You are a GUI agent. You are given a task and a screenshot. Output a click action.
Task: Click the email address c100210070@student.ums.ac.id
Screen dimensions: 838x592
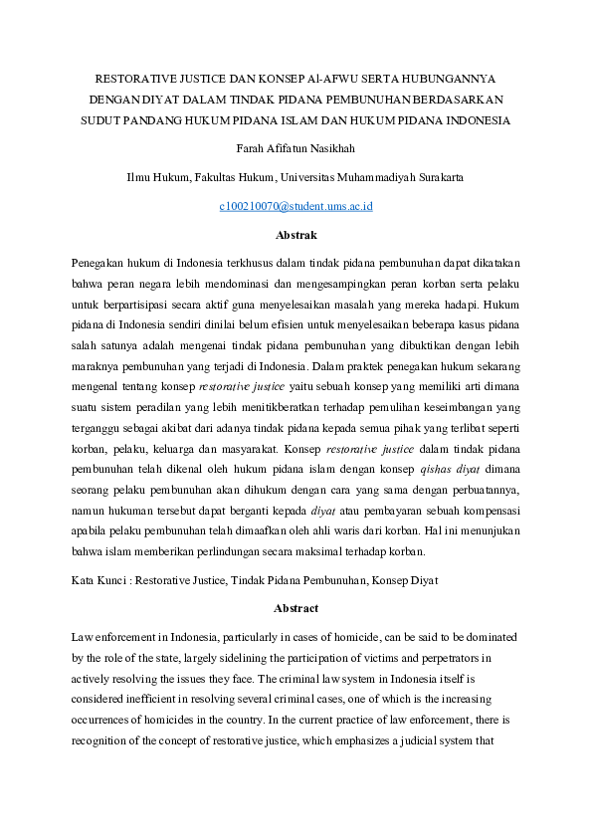point(296,206)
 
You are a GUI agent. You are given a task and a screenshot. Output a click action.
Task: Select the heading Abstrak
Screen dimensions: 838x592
point(296,235)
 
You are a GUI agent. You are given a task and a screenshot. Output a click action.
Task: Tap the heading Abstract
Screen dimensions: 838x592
point(296,608)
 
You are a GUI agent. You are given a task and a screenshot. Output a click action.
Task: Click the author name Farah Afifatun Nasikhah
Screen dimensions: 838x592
point(296,149)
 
